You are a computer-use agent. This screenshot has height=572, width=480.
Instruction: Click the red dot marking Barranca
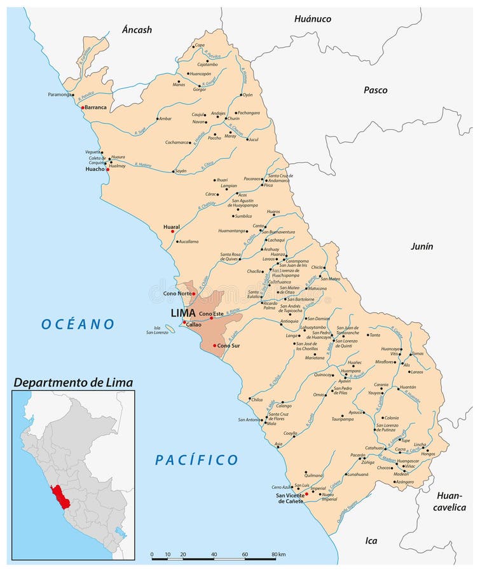click(x=83, y=107)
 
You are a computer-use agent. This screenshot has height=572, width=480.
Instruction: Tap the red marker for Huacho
click(x=107, y=169)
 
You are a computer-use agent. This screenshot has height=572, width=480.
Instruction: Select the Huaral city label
click(x=171, y=226)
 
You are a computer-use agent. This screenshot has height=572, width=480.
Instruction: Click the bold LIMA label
click(x=183, y=313)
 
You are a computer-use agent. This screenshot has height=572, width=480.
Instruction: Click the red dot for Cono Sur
click(x=215, y=345)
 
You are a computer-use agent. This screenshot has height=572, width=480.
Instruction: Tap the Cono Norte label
click(x=177, y=293)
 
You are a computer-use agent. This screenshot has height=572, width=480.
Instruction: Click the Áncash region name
click(x=137, y=30)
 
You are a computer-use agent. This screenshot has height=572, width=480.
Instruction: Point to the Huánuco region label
click(x=312, y=19)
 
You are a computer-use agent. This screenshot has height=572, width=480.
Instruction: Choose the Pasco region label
click(x=375, y=90)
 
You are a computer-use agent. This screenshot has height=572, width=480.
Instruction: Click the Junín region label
click(x=421, y=246)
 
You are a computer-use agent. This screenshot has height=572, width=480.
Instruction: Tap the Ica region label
click(x=371, y=541)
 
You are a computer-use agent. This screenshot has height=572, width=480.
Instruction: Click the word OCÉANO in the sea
click(x=78, y=324)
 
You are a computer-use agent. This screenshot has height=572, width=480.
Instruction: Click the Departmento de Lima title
click(x=74, y=382)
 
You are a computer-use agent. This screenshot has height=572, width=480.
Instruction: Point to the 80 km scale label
click(x=277, y=554)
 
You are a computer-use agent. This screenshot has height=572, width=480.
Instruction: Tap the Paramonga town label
click(x=60, y=95)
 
